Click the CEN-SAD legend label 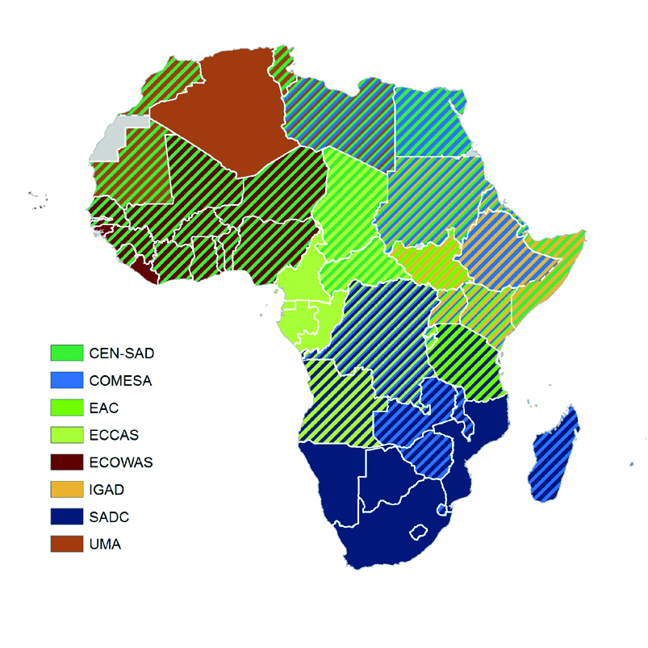coord(121,353)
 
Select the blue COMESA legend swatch coord(67,380)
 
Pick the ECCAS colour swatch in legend coord(67,435)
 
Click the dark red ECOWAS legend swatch coord(67,462)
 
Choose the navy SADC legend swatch coord(67,517)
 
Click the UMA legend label coord(105,545)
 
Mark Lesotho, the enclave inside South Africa coord(419,533)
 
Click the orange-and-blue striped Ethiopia coord(504,250)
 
